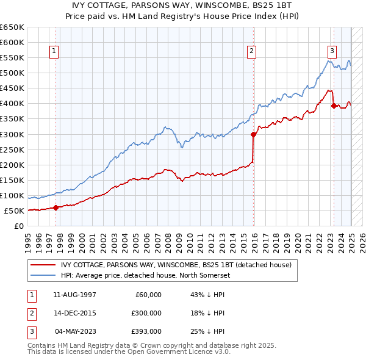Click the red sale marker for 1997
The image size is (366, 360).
[x=56, y=207]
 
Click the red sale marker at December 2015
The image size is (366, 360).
[x=253, y=134]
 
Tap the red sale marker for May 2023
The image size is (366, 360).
[x=334, y=106]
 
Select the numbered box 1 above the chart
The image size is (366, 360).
[x=55, y=52]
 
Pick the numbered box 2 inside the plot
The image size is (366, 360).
[x=251, y=52]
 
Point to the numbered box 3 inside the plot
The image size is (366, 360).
[x=332, y=52]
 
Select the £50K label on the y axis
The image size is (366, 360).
[x=14, y=211]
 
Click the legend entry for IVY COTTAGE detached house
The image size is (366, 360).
[x=177, y=265]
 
